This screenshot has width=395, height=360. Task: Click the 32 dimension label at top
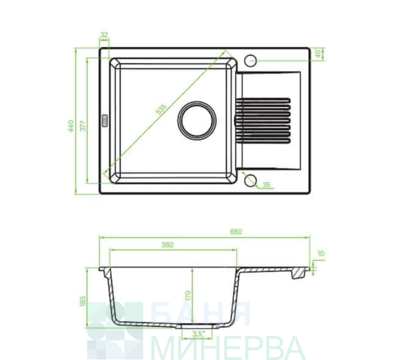click(x=104, y=35)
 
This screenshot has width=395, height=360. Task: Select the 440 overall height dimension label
click(x=71, y=126)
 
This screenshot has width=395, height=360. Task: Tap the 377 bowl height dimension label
click(x=83, y=126)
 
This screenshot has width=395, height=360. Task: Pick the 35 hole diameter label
click(x=266, y=185)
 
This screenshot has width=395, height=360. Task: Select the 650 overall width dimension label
click(x=236, y=232)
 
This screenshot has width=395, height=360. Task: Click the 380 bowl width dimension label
click(x=167, y=245)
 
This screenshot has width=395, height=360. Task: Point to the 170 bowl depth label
click(x=188, y=295)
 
